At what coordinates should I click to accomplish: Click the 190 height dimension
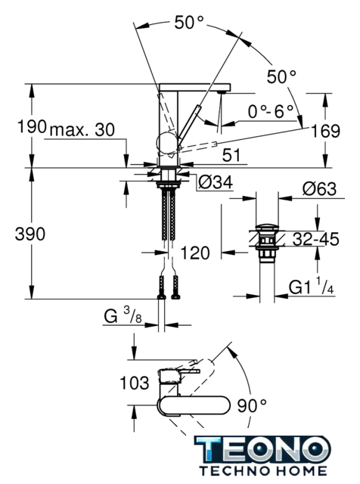[32, 126]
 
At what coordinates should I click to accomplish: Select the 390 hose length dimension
[30, 234]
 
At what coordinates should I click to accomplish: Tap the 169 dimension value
[325, 131]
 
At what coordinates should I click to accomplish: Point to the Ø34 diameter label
[216, 182]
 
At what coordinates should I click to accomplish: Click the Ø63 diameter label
[319, 188]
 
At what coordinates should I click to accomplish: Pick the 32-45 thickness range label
[315, 239]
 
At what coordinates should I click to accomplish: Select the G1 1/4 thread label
[311, 287]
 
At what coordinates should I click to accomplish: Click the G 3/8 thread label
[123, 315]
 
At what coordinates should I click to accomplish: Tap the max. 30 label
[82, 130]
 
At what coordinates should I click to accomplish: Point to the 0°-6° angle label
[271, 111]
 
